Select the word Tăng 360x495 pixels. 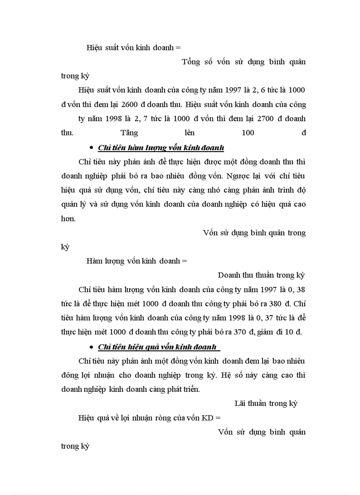pyautogui.click(x=129, y=133)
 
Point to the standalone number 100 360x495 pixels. pyautogui.click(x=248, y=133)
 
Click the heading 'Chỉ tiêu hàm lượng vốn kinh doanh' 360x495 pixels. pyautogui.click(x=161, y=148)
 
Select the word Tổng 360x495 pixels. pyautogui.click(x=191, y=62)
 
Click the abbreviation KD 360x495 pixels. pyautogui.click(x=207, y=417)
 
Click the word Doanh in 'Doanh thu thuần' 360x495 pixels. pyautogui.click(x=229, y=275)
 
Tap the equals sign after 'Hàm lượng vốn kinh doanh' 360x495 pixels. pyautogui.click(x=184, y=261)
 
